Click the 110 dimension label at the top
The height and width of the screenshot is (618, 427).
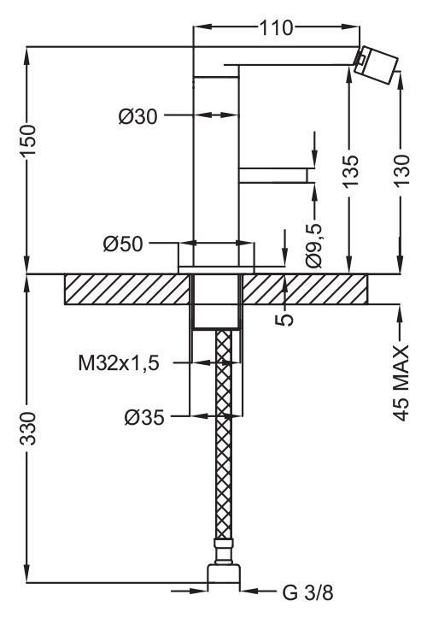click(x=276, y=27)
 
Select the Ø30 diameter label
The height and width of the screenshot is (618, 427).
click(x=137, y=116)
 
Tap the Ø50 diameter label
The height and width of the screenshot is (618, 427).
click(x=123, y=244)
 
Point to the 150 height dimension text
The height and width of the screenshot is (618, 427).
click(x=29, y=140)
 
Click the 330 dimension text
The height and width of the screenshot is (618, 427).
click(x=28, y=428)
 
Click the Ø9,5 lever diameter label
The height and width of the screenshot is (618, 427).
click(x=314, y=246)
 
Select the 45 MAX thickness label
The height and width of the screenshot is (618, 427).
click(x=401, y=383)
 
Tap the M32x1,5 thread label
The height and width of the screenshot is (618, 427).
click(x=119, y=363)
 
